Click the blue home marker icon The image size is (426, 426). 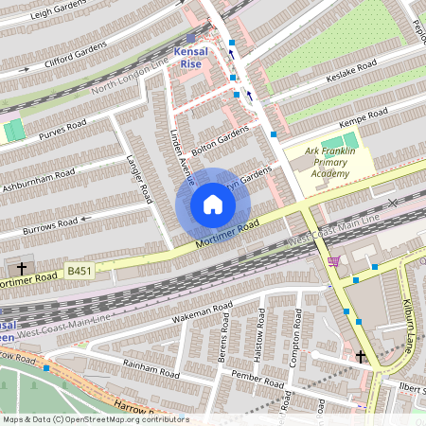[213, 204]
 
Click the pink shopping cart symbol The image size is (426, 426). [333, 261]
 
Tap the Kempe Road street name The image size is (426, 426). [364, 119]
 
